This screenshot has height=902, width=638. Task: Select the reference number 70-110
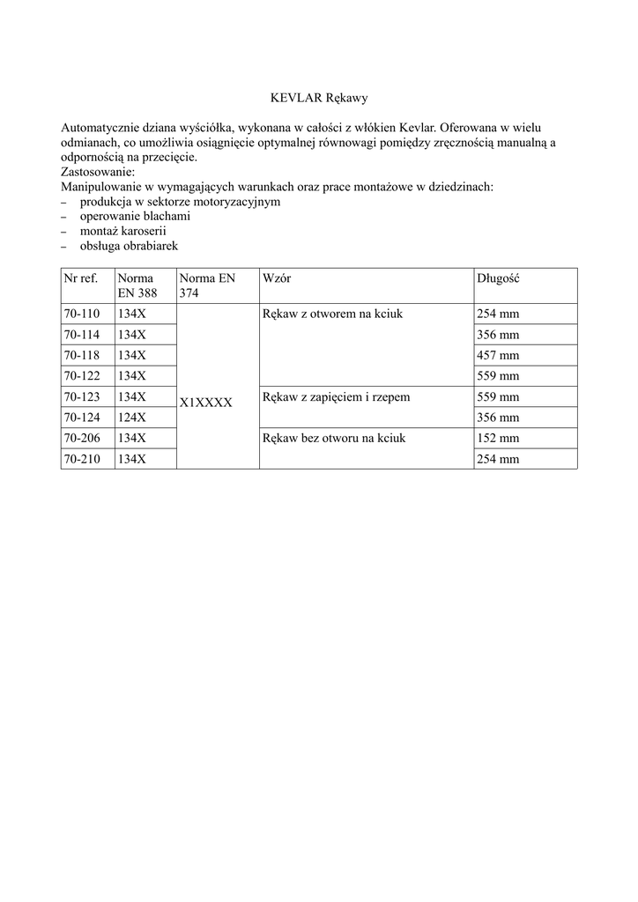[82, 314]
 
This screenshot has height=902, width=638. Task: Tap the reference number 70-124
[82, 417]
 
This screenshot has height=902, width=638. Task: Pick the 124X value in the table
[132, 417]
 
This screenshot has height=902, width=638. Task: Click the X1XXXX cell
[205, 403]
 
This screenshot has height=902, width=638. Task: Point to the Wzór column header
[277, 278]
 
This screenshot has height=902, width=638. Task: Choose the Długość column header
[498, 278]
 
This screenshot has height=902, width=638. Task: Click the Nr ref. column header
[80, 278]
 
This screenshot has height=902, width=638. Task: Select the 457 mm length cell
[498, 355]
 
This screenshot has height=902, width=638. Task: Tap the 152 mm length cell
[498, 438]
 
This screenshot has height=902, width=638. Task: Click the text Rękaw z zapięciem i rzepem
[336, 396]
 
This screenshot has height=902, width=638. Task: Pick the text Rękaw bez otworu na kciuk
[334, 438]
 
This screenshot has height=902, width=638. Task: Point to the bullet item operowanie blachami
[135, 216]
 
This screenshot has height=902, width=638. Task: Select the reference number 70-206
[82, 438]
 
